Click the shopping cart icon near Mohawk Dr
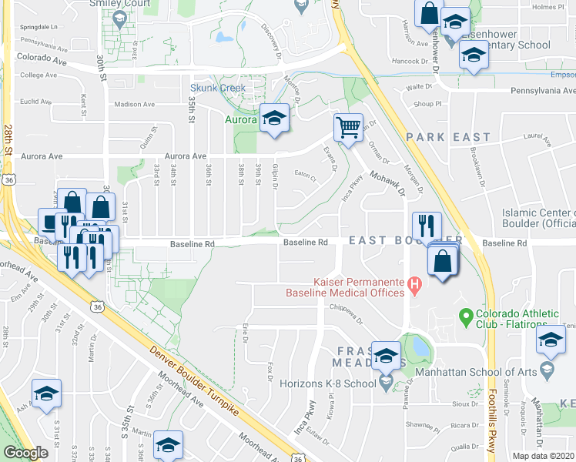(348, 128)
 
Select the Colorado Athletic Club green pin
(464, 316)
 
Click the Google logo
(26, 453)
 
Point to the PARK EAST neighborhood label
(448, 137)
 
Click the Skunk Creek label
(218, 88)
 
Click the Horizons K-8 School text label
(333, 383)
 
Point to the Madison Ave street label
(135, 104)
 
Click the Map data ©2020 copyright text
(543, 456)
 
